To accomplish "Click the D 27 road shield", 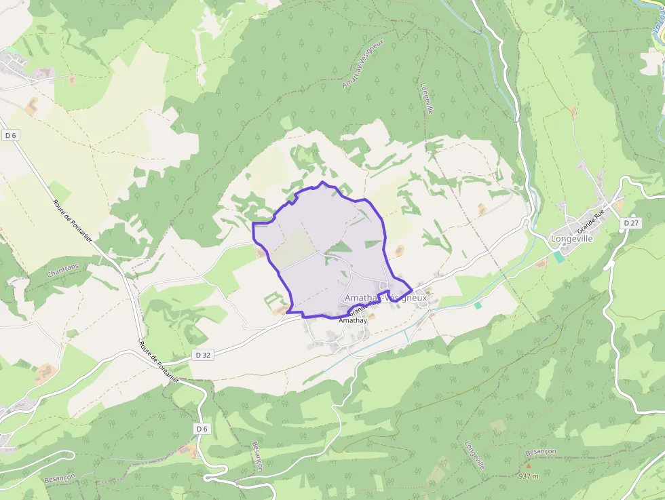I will (630, 223).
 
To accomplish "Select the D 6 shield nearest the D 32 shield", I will (202, 428).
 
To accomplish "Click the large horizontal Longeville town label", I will (571, 239).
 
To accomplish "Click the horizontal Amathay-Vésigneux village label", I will (385, 298).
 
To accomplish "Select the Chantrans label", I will (63, 271).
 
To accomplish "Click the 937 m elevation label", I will (528, 476).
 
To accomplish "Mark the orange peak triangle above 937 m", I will (529, 465).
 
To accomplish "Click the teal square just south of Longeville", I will (558, 256).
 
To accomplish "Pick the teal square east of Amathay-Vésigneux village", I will (478, 305).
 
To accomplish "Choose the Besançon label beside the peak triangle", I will (541, 451).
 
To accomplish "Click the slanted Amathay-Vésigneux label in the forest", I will (364, 63).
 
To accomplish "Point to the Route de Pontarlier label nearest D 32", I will (159, 362).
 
